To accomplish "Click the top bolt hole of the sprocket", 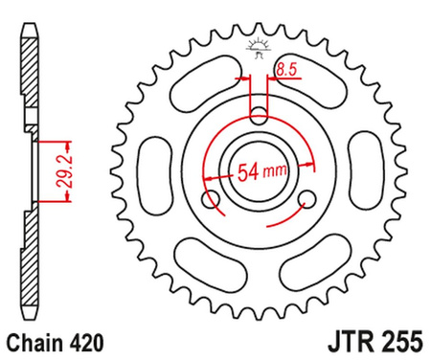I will tap(259, 116).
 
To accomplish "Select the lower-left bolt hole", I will tap(211, 198).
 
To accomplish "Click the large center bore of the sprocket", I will tap(259, 172).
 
